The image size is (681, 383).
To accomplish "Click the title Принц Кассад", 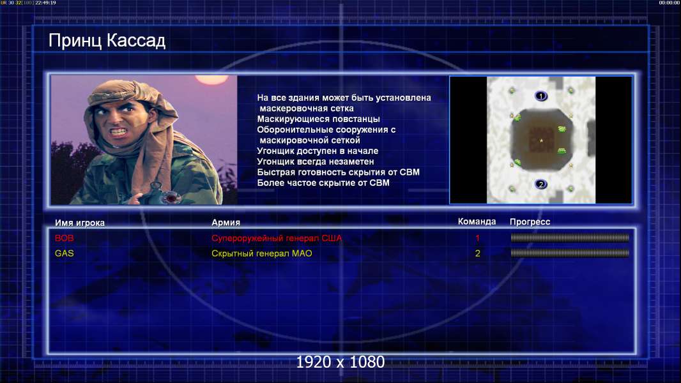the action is coord(107,41).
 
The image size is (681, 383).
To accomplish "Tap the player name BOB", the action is coord(65,238).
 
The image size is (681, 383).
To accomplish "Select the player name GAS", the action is coord(65,253).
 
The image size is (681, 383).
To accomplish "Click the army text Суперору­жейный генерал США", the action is coord(277,238).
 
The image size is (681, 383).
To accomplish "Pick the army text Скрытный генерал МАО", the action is coord(261,253).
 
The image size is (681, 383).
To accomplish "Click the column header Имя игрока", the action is coord(79,223).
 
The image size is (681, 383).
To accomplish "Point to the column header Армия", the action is coord(226,222).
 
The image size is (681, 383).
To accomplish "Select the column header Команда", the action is coord(477,222).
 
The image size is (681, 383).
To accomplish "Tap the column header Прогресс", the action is coord(530,222).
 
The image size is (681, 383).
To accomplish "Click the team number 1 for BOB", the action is coord(477,238).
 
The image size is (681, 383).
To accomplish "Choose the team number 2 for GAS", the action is coord(477,253).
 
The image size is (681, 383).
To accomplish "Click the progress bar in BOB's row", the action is coord(569,237).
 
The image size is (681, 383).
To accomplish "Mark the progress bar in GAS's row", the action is coord(569,253).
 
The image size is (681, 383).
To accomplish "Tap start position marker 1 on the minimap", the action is coord(540,96).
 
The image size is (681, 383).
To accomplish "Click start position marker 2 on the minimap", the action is coord(540,184).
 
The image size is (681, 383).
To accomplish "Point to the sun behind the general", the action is coord(211,79).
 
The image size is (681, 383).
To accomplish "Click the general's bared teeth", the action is coord(119,131).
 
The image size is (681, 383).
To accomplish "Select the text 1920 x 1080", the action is coord(340,362).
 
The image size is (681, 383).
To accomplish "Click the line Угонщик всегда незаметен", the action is coord(316,161).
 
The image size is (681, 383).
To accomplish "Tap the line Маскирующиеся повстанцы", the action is coord(318,119).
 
